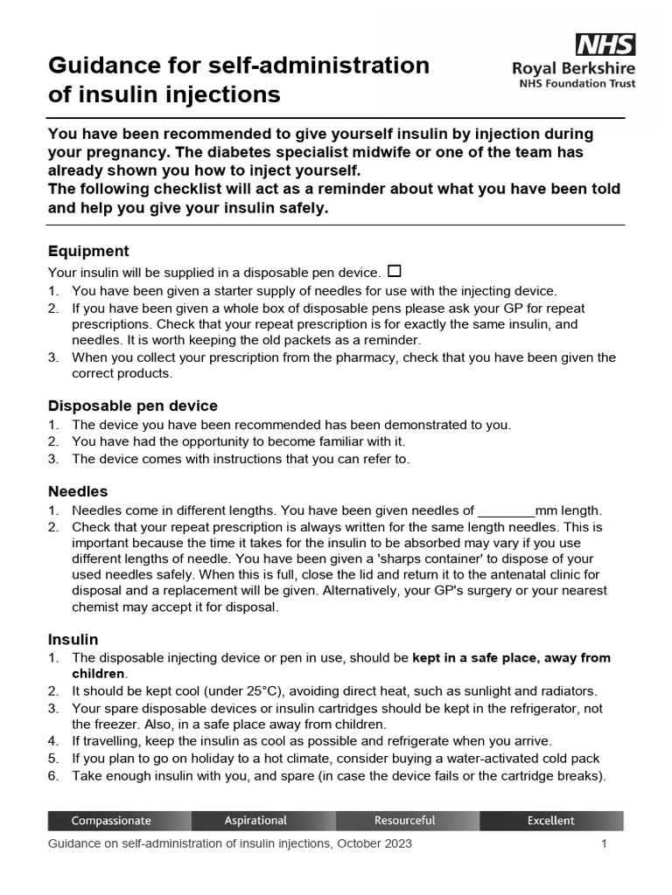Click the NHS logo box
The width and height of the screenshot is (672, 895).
pos(605,45)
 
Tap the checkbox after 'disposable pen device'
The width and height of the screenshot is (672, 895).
pos(393,271)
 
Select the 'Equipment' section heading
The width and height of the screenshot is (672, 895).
pos(88,251)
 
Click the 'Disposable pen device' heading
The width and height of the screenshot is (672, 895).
pos(133,406)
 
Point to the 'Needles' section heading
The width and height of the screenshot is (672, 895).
pos(78,491)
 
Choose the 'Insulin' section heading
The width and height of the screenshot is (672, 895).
pos(73,639)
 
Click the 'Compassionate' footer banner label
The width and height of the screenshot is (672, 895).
pos(111,821)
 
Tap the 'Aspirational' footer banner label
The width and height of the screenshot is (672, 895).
pos(255,821)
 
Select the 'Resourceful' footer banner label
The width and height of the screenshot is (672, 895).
pos(404,821)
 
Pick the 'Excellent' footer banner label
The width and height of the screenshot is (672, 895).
pos(551,821)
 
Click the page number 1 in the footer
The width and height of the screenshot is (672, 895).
pos(604,844)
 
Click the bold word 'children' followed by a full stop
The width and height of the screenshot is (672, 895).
pos(98,674)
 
